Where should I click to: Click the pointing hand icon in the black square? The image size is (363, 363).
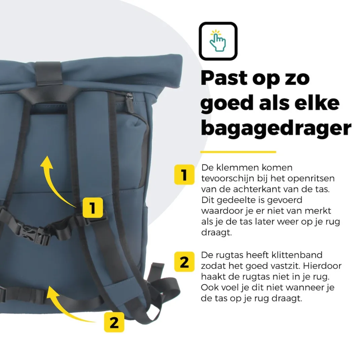[218, 41]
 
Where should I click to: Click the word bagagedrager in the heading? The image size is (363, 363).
[276, 128]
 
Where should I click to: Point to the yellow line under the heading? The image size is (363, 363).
[238, 152]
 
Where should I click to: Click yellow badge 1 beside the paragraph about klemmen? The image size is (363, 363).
[184, 174]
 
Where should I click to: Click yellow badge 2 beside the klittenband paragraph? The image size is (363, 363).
[184, 261]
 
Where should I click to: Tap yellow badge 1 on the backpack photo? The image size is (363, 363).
[92, 208]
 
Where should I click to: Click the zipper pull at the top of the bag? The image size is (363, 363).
[129, 99]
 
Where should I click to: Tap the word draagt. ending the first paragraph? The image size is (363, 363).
[216, 233]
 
